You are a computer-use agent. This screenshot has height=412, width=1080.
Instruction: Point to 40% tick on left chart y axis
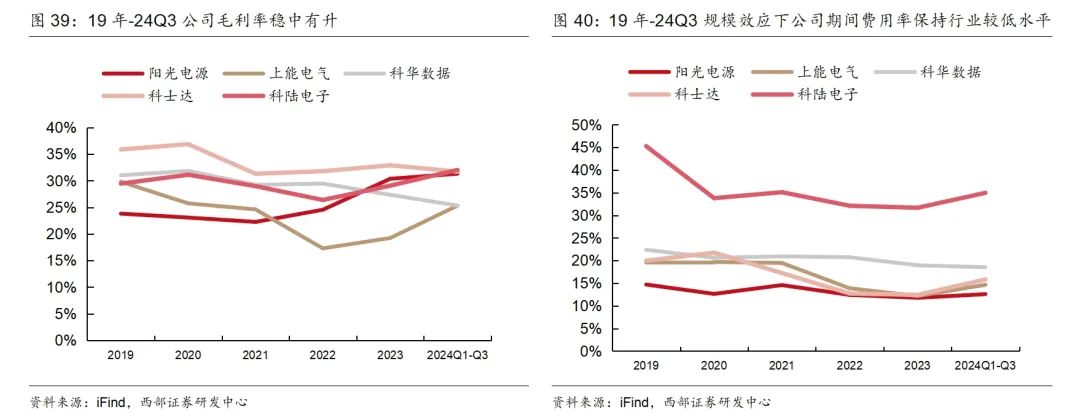[61, 128]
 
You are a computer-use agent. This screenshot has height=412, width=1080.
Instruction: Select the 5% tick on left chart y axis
[65, 314]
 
